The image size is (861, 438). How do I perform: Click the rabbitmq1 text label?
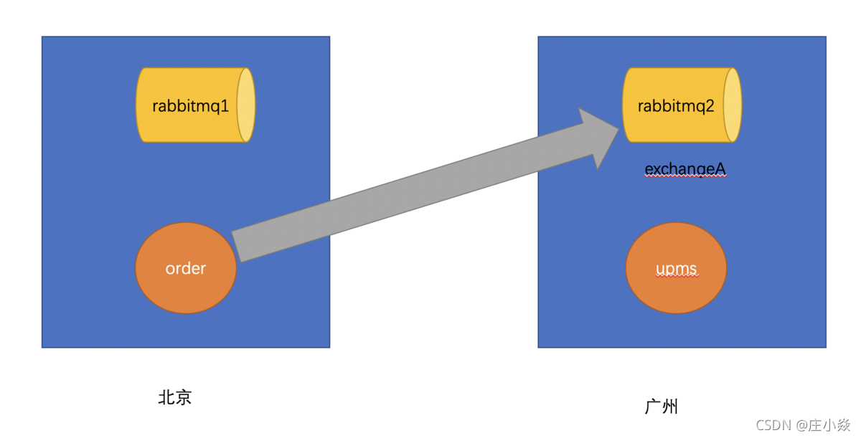click(x=190, y=106)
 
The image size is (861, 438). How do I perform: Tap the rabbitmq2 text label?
click(x=676, y=106)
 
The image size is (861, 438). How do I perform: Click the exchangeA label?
click(x=685, y=168)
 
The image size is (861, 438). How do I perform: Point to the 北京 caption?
click(x=175, y=397)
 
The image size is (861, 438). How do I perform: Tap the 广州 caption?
click(x=661, y=406)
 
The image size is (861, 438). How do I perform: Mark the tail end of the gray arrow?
click(x=238, y=247)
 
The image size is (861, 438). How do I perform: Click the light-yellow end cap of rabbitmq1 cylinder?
click(x=245, y=105)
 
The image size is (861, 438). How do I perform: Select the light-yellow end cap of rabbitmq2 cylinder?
click(x=732, y=105)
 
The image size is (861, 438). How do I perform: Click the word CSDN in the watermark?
click(x=772, y=425)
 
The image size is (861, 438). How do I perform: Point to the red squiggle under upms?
click(x=676, y=277)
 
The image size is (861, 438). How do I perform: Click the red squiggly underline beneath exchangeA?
click(x=685, y=176)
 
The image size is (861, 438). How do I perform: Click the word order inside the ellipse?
click(x=185, y=268)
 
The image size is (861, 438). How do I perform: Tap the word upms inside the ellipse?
click(x=676, y=269)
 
